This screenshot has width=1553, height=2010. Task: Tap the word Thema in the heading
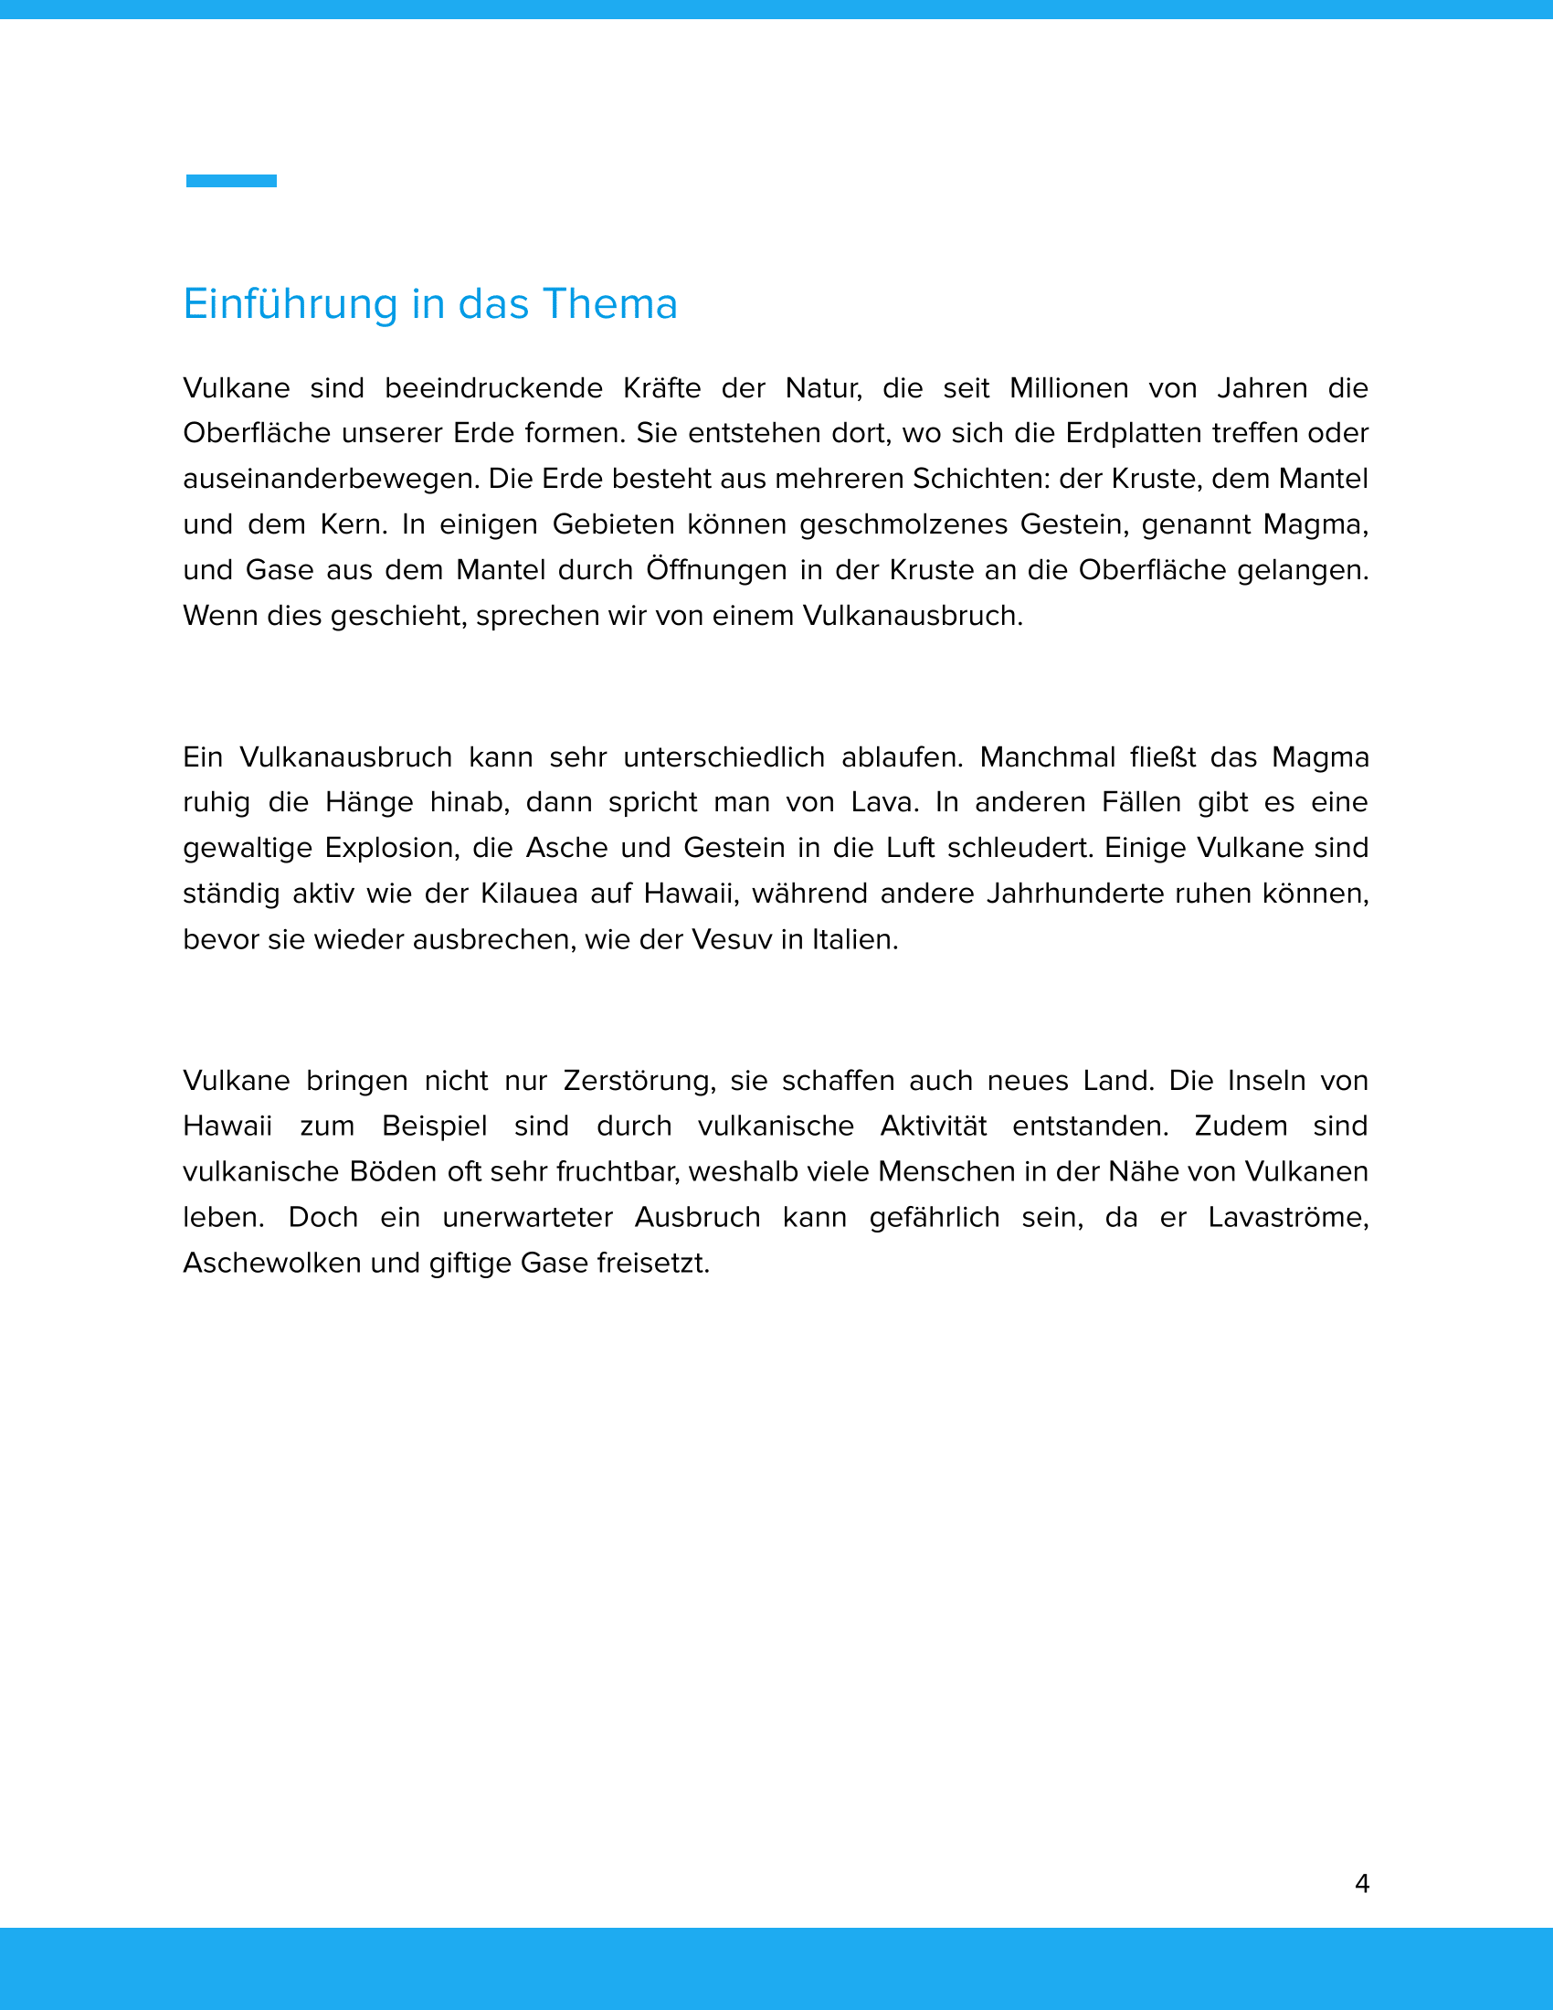610,304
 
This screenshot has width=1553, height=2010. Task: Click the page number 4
1362,1884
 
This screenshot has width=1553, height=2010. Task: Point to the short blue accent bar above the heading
231,181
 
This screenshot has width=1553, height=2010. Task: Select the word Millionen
1068,388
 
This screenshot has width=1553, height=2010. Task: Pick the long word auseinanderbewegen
332,480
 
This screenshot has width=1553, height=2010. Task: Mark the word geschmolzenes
903,524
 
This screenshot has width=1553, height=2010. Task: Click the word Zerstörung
639,1081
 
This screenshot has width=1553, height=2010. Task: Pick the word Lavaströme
1288,1218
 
